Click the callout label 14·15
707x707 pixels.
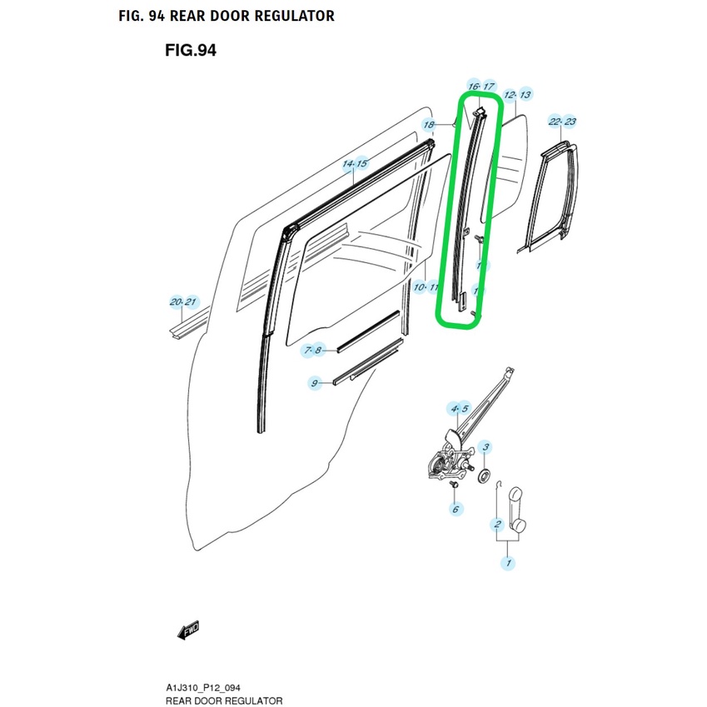pyautogui.click(x=355, y=165)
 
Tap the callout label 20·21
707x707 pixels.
pyautogui.click(x=182, y=301)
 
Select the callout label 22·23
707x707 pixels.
pyautogui.click(x=563, y=122)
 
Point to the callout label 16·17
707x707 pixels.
pyautogui.click(x=481, y=87)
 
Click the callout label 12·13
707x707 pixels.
pyautogui.click(x=517, y=95)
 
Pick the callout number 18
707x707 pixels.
pyautogui.click(x=429, y=126)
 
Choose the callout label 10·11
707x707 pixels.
pyautogui.click(x=426, y=287)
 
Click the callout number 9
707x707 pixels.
pyautogui.click(x=315, y=383)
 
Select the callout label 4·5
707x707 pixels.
pyautogui.click(x=459, y=408)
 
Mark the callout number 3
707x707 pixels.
pyautogui.click(x=485, y=448)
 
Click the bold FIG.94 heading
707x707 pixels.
pyautogui.click(x=191, y=51)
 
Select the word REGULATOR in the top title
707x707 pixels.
pyautogui.click(x=291, y=16)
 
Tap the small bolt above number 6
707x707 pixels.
pyautogui.click(x=454, y=484)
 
